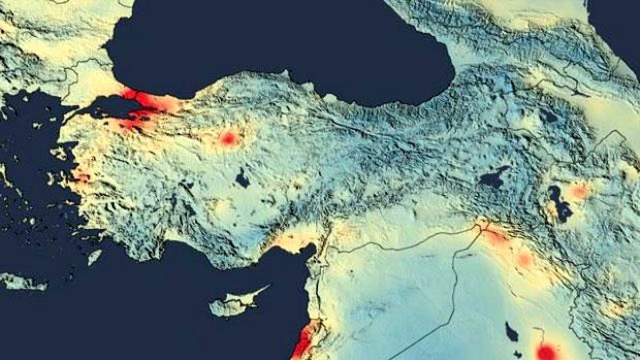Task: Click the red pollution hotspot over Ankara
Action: tap(229, 139)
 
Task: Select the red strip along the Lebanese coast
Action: tap(303, 341)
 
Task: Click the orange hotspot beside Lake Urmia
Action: tap(579, 191)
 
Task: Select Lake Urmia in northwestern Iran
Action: tap(558, 203)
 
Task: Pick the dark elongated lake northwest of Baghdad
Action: tap(511, 333)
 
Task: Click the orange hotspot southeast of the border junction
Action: tap(524, 259)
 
